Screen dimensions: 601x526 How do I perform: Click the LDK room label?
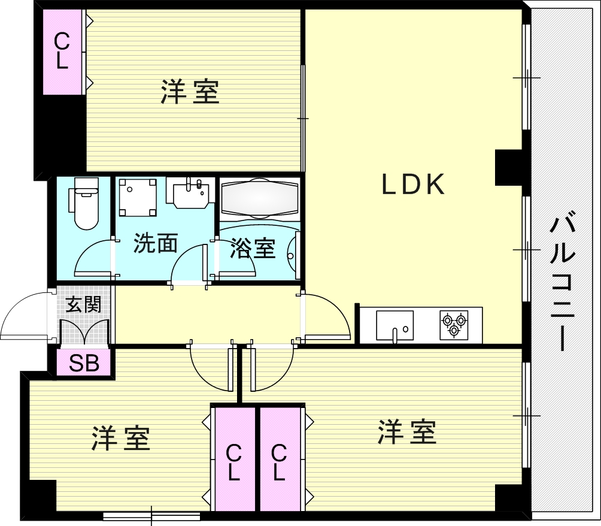[x=413, y=185]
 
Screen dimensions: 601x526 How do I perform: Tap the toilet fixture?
[x=84, y=203]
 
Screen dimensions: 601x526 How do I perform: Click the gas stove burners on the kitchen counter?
[x=454, y=325]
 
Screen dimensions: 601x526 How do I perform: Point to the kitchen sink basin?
[x=395, y=325]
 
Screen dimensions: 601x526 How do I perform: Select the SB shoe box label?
[x=84, y=362]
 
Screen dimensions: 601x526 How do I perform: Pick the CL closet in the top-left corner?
[x=62, y=51]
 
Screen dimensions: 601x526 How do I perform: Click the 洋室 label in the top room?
[x=190, y=92]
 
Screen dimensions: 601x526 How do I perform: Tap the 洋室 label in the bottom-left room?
[x=120, y=438]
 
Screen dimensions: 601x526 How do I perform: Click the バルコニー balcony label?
[x=562, y=282]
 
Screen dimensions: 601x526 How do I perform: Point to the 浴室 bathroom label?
[x=253, y=248]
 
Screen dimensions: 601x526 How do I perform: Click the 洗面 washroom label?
[x=155, y=243]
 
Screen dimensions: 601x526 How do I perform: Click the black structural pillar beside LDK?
[x=509, y=168]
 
